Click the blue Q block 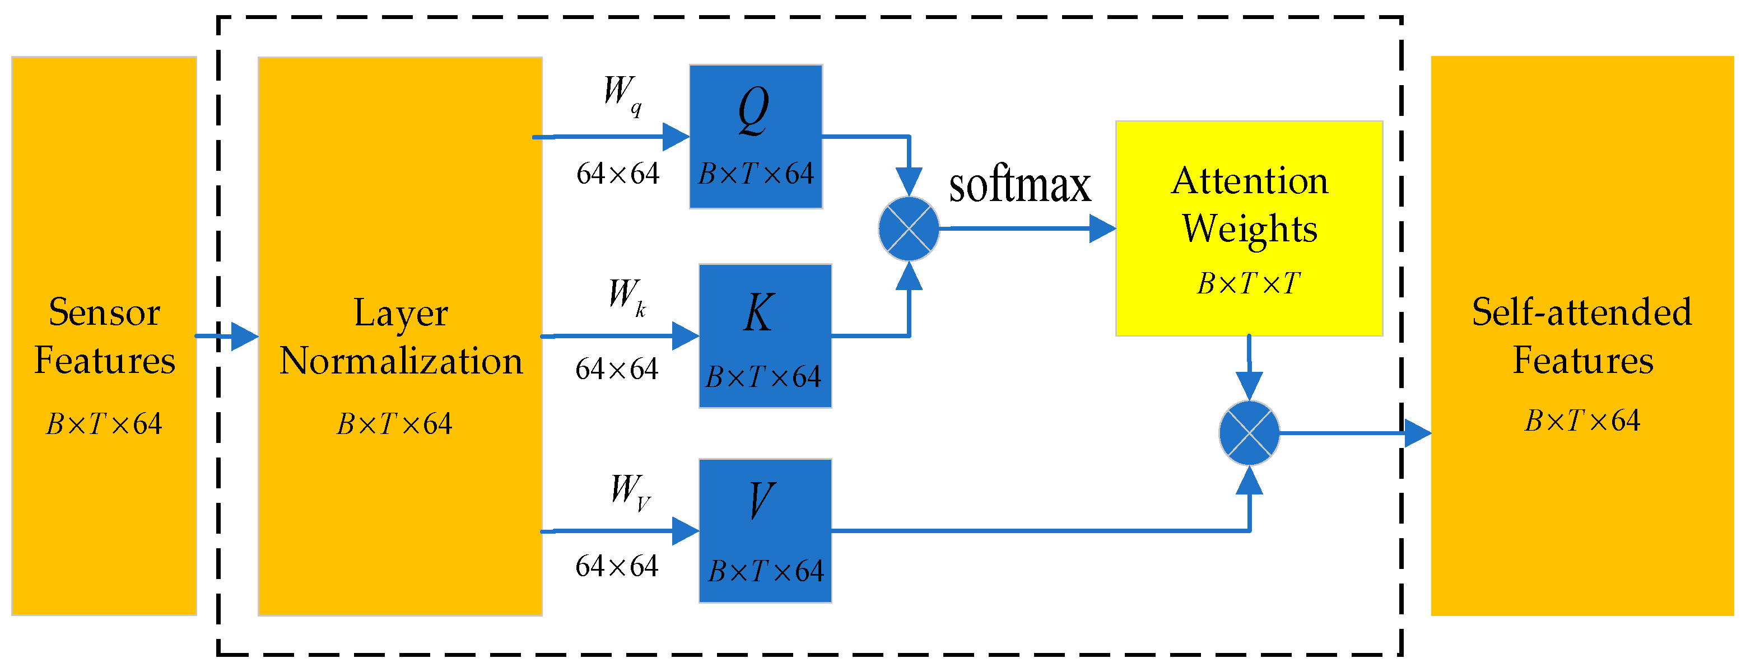[756, 136]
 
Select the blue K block [765, 336]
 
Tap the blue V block [765, 530]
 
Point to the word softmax [1019, 184]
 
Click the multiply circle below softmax [908, 228]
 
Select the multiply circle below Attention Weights [1249, 433]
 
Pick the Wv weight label [630, 492]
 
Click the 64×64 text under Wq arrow [617, 174]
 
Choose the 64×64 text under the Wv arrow [617, 566]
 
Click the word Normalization [401, 361]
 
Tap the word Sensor [104, 312]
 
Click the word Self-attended [1582, 312]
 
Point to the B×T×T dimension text [1249, 284]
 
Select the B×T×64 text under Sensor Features [104, 424]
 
